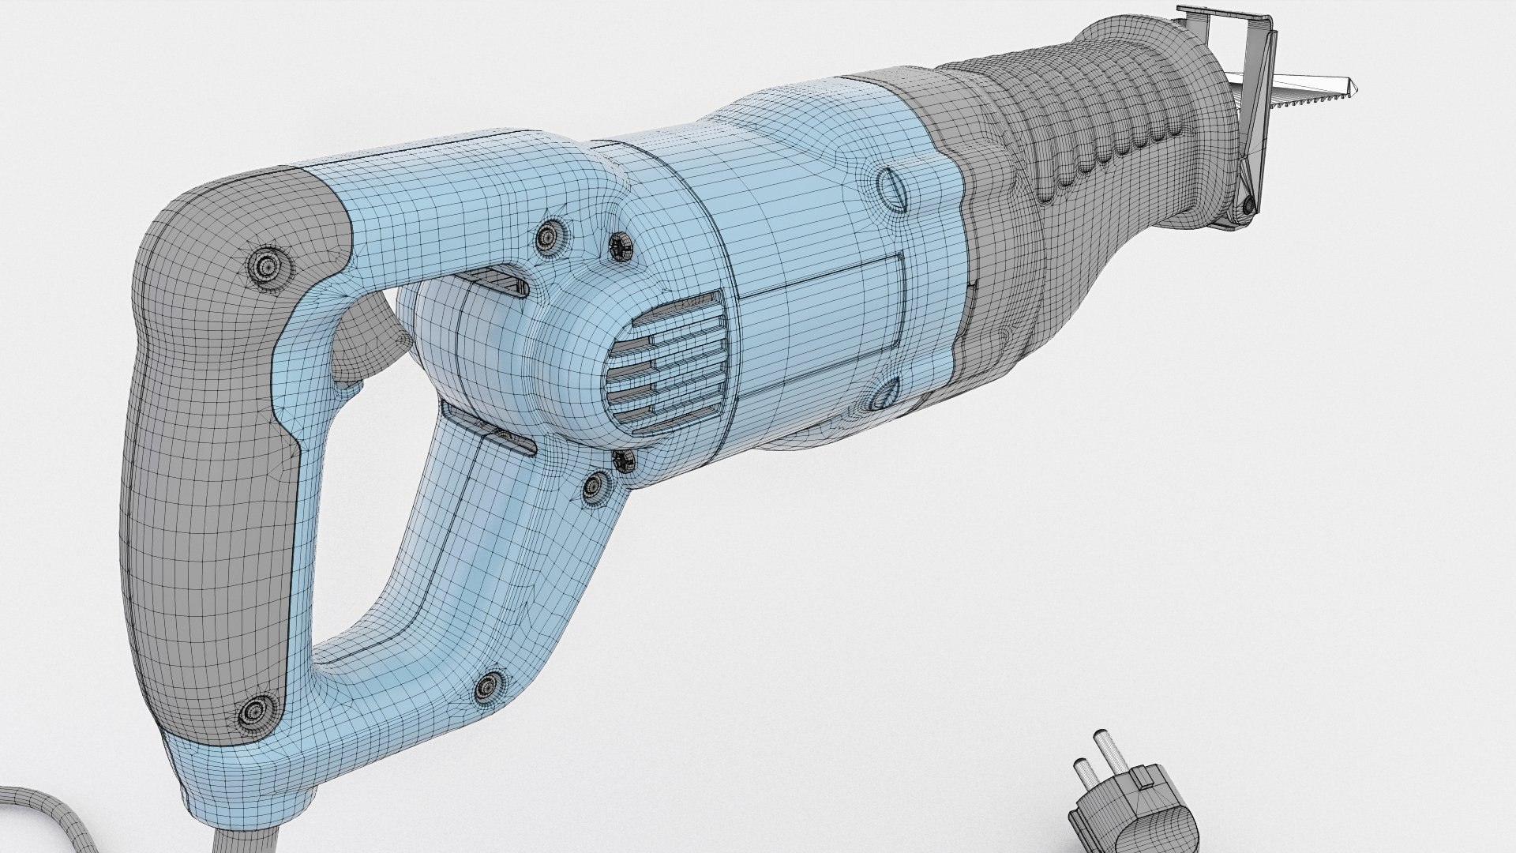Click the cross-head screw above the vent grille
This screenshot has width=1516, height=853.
tap(620, 247)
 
